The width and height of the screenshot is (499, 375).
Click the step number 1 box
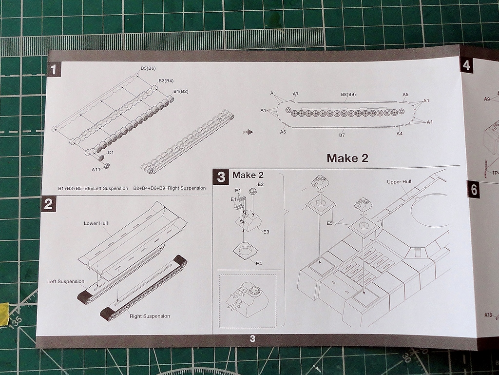(x=54, y=69)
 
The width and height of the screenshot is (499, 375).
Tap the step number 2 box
(x=48, y=204)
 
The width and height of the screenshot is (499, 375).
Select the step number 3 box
(x=221, y=176)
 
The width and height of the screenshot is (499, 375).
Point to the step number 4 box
(x=467, y=65)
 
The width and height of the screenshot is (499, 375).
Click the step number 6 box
(x=474, y=190)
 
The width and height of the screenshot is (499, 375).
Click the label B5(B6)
(x=148, y=68)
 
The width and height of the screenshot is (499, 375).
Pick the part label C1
(x=111, y=153)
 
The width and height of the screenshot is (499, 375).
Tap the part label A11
(x=96, y=170)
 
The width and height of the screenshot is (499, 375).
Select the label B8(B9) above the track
(x=348, y=94)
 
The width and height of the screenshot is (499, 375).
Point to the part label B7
(x=342, y=135)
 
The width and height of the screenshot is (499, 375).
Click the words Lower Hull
(x=96, y=223)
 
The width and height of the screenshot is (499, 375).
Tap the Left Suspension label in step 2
(x=66, y=281)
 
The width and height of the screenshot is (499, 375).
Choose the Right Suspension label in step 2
(x=150, y=316)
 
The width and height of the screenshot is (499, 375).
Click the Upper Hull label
(x=400, y=182)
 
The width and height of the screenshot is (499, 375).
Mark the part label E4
(x=259, y=263)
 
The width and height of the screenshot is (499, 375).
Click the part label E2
(x=260, y=184)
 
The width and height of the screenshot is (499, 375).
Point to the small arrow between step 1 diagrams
(x=249, y=132)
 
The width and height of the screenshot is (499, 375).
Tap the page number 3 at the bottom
(x=252, y=339)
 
